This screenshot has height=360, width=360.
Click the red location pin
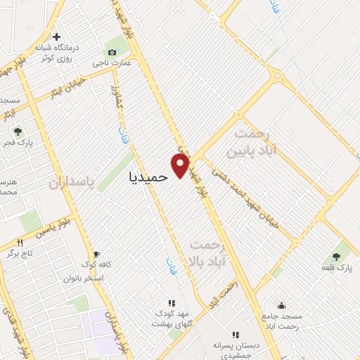(x=181, y=165)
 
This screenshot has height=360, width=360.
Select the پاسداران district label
(x=72, y=183)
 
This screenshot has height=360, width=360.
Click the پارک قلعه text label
(x=335, y=268)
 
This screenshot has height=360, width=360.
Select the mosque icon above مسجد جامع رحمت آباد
(x=281, y=305)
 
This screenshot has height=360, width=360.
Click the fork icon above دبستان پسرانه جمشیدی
(x=236, y=335)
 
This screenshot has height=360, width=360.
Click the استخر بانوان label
(x=84, y=278)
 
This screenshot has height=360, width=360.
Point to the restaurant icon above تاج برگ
(x=19, y=241)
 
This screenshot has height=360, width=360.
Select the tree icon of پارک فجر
(x=18, y=131)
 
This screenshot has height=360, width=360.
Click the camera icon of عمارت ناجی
(x=112, y=52)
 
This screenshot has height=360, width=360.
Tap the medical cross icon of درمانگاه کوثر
(x=56, y=36)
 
